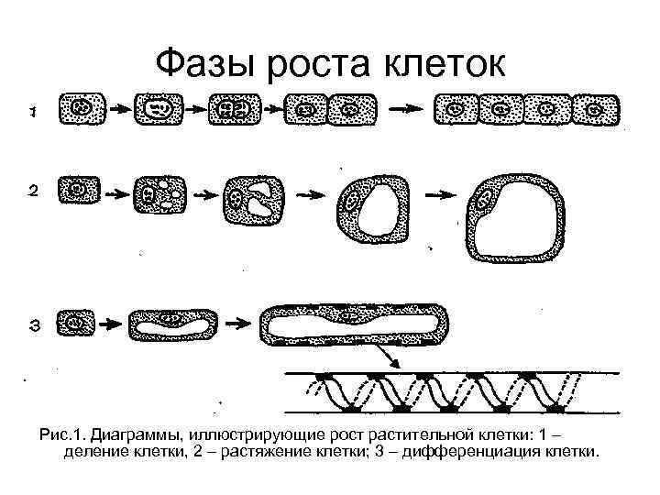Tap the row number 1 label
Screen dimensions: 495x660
[33, 111]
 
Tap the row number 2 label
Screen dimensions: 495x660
[33, 192]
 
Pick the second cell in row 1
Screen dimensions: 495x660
[159, 109]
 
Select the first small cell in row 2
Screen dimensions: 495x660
[78, 191]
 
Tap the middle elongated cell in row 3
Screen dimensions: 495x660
[173, 323]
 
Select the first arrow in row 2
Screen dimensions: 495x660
[111, 192]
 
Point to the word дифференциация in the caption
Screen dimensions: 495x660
[480, 451]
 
